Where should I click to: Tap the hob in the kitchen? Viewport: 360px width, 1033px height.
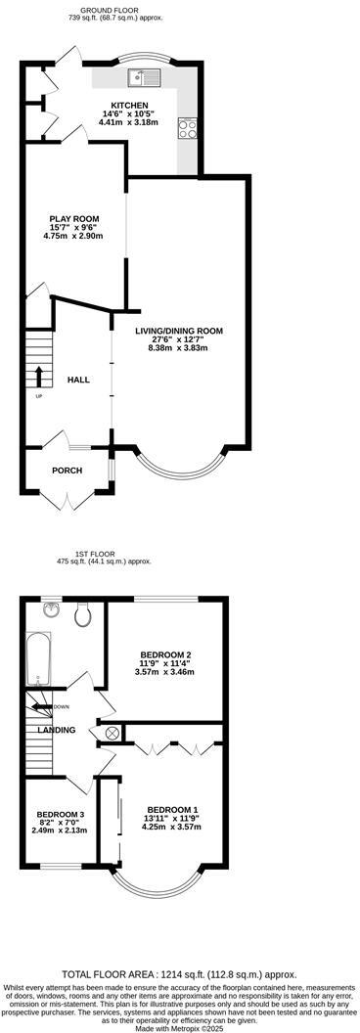186,127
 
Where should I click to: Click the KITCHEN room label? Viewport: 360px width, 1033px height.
129,106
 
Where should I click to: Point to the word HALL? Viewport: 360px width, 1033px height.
79,380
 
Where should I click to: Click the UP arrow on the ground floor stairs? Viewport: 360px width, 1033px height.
39,377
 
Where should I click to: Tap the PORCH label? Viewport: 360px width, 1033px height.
67,471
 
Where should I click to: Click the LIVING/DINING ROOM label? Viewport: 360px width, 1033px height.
179,332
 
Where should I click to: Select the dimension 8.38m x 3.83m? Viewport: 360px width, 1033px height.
179,348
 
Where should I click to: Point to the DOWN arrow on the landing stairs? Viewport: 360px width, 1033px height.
44,706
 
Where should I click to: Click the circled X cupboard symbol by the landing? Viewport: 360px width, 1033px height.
111,734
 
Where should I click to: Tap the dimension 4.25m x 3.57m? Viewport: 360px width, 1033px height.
172,827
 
